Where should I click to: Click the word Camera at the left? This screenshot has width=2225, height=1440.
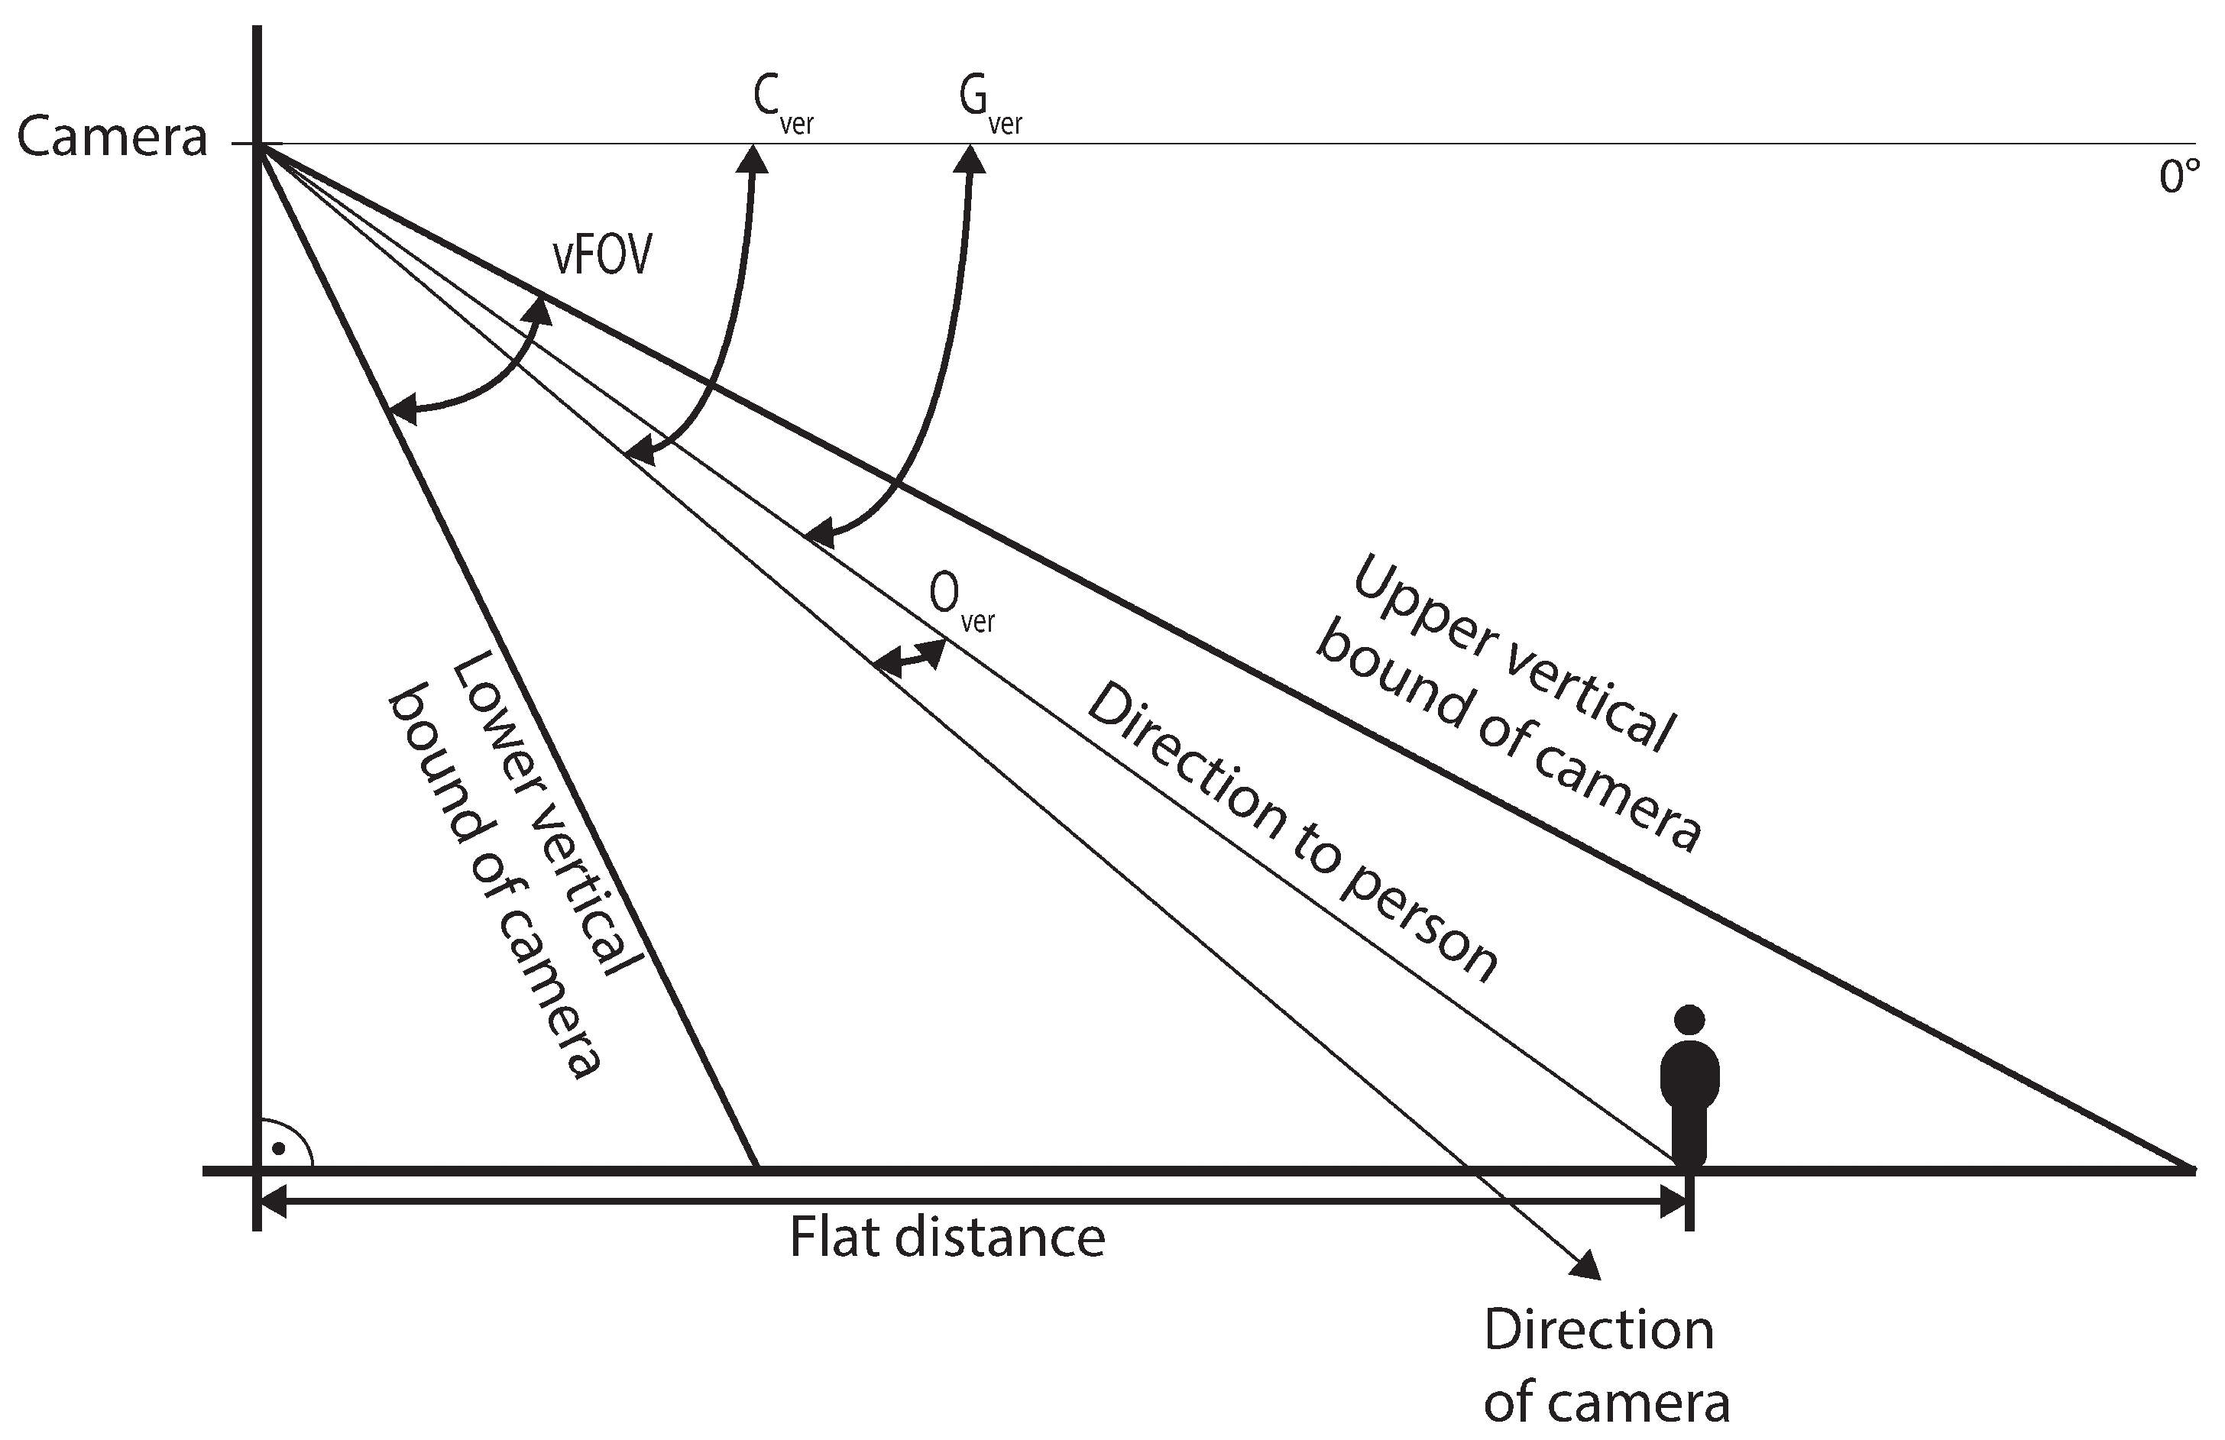pos(112,138)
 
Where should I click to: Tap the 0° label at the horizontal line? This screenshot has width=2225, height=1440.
pos(2178,177)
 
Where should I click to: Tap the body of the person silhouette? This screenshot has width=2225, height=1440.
pos(1689,1093)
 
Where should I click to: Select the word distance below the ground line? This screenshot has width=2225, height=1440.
pos(999,1238)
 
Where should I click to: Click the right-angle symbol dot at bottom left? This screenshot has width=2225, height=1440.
pos(277,1147)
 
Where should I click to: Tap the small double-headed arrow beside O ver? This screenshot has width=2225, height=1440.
pos(908,658)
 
